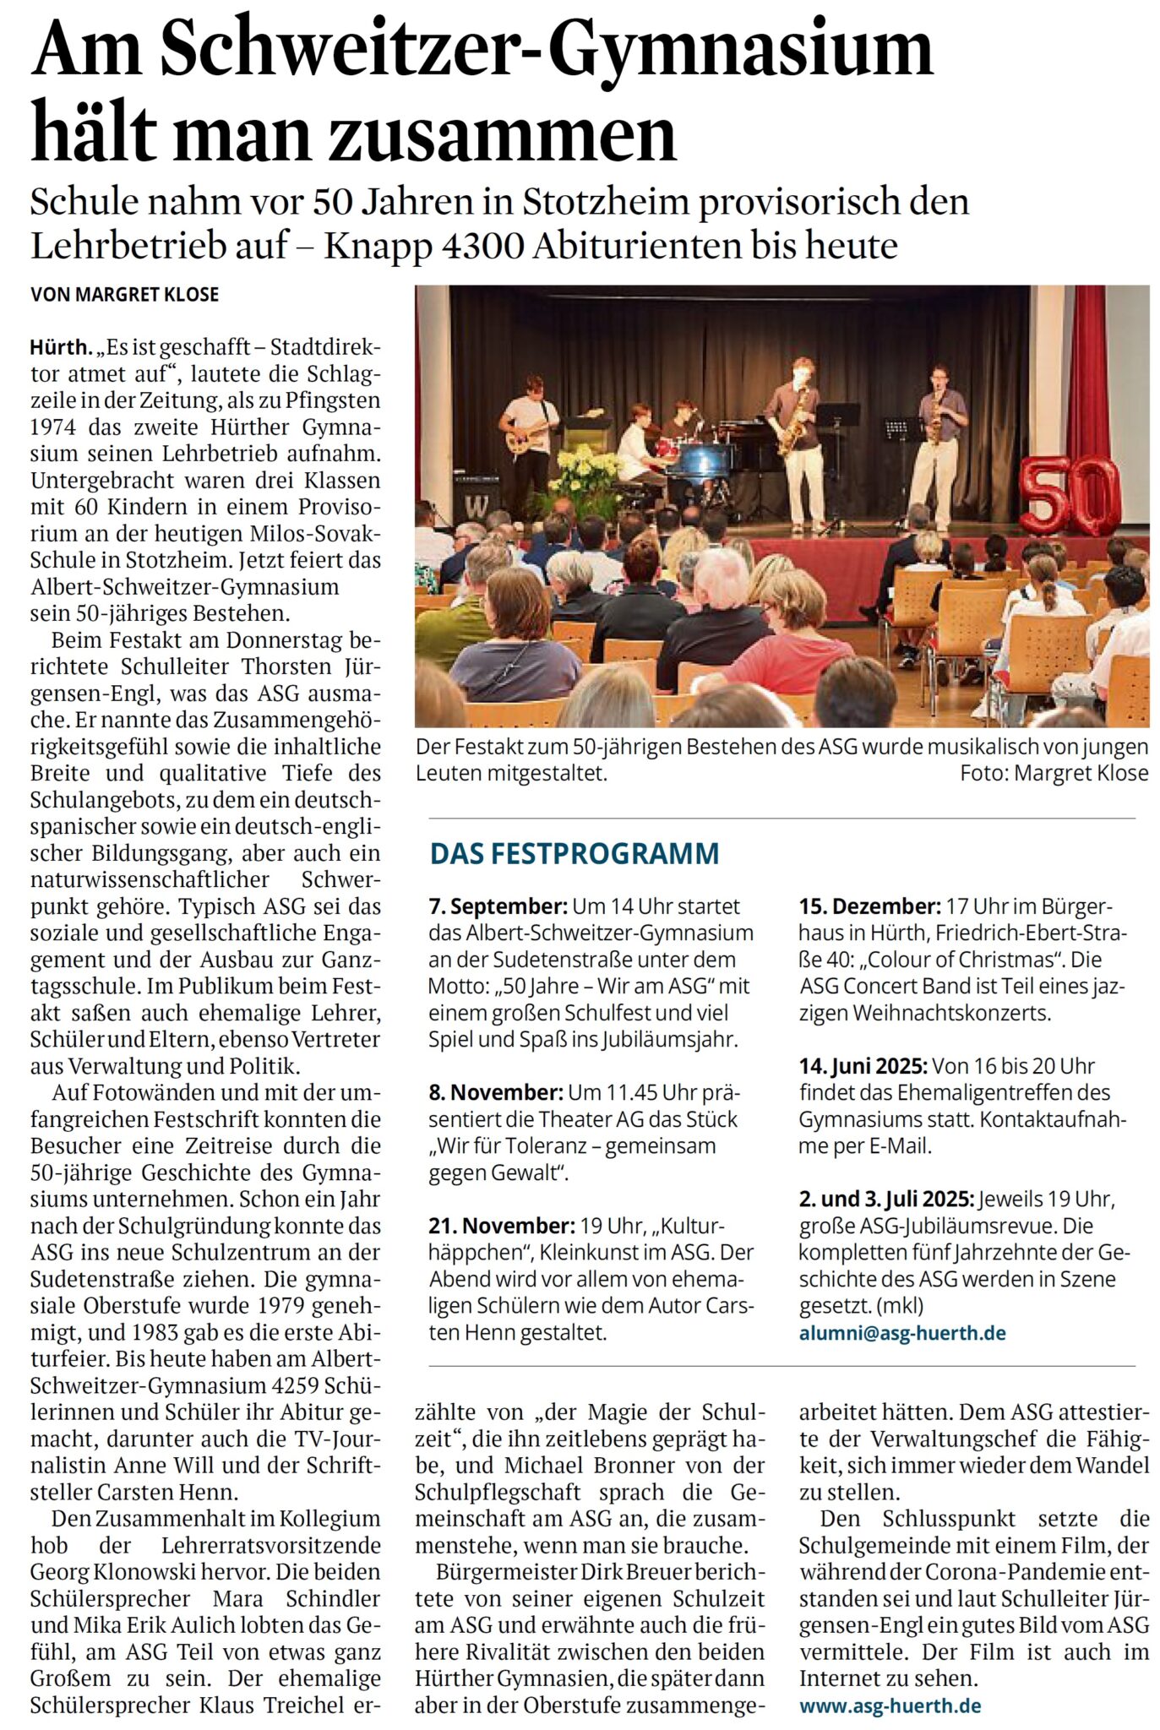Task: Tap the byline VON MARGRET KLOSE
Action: pos(124,295)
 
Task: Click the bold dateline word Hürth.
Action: pos(60,347)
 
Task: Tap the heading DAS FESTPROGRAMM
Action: pos(575,854)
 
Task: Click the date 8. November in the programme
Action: pos(495,1092)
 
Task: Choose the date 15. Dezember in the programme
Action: pos(869,906)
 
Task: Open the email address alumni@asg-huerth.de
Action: pos(902,1333)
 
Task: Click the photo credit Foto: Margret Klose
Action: pos(1054,773)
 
